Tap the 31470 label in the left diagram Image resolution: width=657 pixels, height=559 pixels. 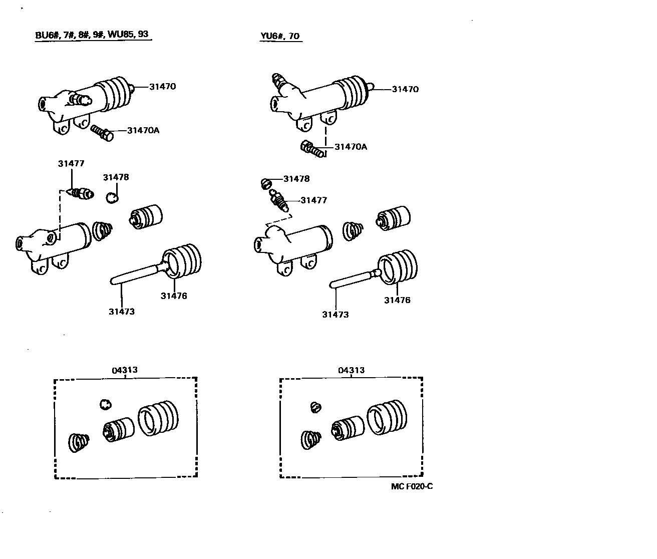coord(162,86)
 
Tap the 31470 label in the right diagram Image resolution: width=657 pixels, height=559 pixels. coord(405,89)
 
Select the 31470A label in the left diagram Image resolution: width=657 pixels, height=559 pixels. coord(143,130)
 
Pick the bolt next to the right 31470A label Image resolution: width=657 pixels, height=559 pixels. coord(312,149)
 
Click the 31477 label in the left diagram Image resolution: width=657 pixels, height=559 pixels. coord(71,163)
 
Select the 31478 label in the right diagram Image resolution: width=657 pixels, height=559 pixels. coord(296,179)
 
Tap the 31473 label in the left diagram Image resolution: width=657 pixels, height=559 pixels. coord(122,312)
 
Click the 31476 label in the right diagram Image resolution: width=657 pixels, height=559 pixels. coord(397,300)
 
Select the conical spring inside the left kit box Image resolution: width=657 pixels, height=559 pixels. coord(79,441)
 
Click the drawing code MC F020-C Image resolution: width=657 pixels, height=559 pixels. coord(412,486)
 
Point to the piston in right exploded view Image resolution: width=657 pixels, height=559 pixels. coord(393,219)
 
